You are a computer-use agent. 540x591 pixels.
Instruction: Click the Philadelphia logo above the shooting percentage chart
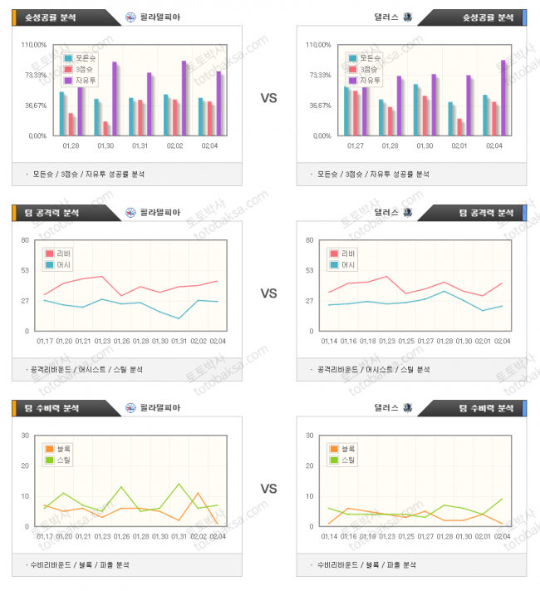pos(131,17)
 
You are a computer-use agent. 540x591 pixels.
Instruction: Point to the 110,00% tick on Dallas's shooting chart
pos(317,45)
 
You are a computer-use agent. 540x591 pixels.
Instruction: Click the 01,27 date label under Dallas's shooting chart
pos(355,145)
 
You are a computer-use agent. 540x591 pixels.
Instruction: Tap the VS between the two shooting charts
pos(268,98)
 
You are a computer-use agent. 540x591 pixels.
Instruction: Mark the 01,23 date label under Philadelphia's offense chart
pos(102,341)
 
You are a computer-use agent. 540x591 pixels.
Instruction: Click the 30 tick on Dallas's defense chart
pos(311,436)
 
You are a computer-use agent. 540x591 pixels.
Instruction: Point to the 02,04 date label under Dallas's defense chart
pos(502,536)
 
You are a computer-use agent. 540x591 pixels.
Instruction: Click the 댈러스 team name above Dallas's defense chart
pos(386,408)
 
